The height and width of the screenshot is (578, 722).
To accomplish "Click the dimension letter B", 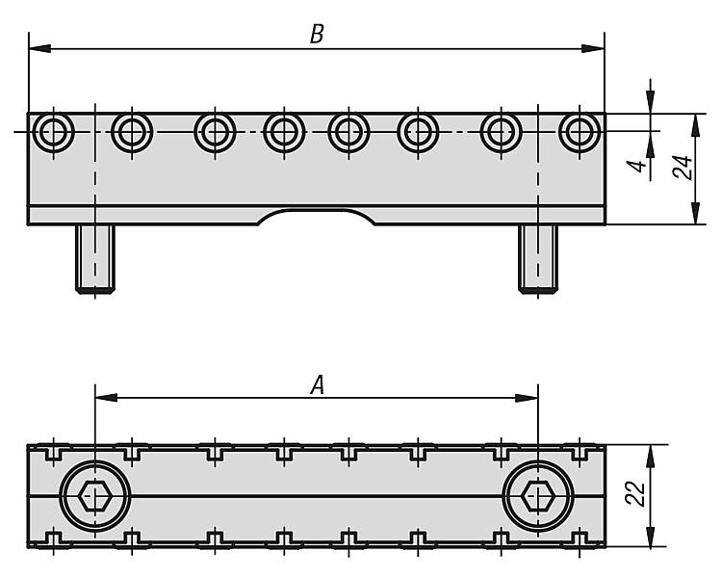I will click(317, 34).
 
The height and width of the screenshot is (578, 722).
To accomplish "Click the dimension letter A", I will click(317, 384).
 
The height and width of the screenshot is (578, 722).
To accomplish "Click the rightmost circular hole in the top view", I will click(579, 131).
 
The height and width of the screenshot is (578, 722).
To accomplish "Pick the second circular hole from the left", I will click(131, 131).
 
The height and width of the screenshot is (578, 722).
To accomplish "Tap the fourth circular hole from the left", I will click(285, 131).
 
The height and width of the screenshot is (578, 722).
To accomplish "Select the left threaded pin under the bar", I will click(94, 258).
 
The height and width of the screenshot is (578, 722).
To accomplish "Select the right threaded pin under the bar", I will click(537, 258).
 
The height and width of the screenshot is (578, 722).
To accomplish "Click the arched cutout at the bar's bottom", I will click(317, 216).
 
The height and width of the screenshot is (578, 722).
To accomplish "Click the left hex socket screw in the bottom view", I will click(94, 497).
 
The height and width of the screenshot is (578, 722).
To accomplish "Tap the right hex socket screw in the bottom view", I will click(537, 497).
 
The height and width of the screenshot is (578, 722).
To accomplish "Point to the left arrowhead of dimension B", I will click(37, 48).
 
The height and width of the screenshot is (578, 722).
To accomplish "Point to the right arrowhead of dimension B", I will click(597, 48).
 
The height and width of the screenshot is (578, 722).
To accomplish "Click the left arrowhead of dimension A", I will click(102, 397).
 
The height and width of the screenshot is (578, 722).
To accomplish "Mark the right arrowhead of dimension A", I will click(529, 397).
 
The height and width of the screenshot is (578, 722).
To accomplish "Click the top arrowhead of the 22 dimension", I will click(652, 452).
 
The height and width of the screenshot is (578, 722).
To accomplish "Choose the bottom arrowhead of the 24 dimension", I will click(696, 218).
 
